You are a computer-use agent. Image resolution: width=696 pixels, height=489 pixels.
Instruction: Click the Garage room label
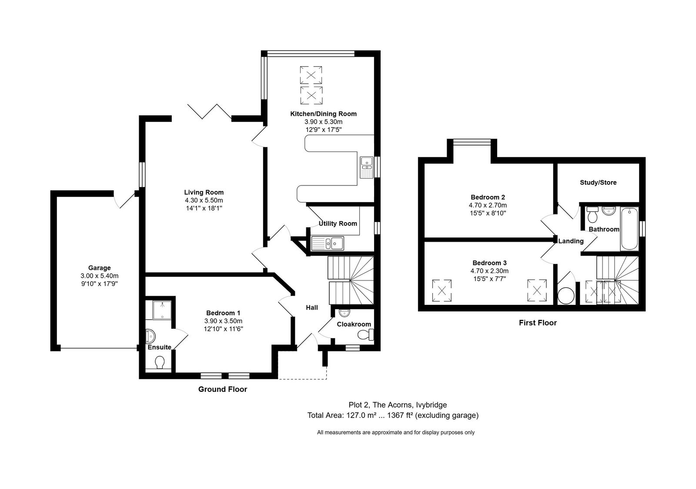[x=100, y=268]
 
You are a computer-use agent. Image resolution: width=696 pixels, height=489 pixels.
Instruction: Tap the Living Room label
[x=204, y=192]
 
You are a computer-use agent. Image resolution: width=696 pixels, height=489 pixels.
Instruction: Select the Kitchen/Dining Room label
[x=324, y=114]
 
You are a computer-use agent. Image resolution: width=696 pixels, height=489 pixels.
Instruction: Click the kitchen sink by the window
[x=367, y=167]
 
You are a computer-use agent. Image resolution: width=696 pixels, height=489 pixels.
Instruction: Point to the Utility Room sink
[x=328, y=243]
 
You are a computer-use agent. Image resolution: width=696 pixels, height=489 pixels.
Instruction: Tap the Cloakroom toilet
[x=365, y=335]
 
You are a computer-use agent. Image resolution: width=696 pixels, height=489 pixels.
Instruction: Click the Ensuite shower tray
[x=162, y=310]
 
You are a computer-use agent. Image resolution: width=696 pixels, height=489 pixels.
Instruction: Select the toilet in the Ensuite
[x=159, y=363]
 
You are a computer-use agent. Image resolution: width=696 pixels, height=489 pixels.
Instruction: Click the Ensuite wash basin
[x=151, y=336]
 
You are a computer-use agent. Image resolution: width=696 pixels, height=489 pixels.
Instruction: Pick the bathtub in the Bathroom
[x=629, y=229]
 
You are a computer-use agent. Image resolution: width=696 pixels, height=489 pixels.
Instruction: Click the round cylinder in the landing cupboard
[x=566, y=296]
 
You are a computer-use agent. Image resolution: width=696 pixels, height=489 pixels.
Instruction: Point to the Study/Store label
[x=598, y=182]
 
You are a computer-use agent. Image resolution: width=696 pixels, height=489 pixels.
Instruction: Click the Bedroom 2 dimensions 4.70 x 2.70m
[x=488, y=205]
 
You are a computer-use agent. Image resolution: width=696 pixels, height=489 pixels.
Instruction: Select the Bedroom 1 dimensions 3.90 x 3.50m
[x=223, y=321]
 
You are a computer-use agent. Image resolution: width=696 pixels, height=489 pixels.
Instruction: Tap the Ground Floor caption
[x=222, y=389]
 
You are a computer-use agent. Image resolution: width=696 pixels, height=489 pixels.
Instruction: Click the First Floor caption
[x=538, y=323]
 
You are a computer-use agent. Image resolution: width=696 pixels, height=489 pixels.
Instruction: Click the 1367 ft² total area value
[x=400, y=415]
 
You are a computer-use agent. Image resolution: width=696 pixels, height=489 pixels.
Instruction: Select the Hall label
[x=311, y=308]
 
